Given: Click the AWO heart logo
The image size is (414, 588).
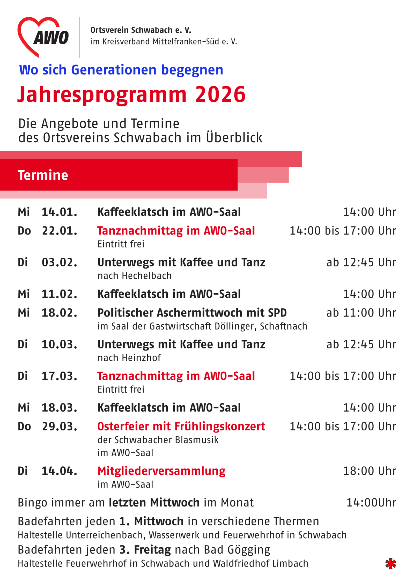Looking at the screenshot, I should [43, 37].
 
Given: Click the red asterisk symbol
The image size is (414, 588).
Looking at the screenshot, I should [390, 564].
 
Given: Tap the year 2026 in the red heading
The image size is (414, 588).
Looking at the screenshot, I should [220, 94].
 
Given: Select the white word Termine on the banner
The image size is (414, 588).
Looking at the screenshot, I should [43, 175].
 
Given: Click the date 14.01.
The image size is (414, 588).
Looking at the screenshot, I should [60, 212].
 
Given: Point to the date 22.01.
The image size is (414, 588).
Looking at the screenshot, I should [60, 231].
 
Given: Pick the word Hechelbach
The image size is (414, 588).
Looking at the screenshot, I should [147, 276].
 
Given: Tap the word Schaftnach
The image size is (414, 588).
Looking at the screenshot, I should [284, 326].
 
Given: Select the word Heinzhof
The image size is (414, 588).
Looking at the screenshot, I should [141, 358].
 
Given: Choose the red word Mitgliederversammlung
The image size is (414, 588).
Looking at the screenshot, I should [161, 471].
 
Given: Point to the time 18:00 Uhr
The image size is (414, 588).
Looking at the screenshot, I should [369, 471].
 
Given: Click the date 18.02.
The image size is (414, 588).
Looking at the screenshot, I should [60, 313].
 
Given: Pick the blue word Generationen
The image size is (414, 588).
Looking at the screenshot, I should [114, 70].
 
